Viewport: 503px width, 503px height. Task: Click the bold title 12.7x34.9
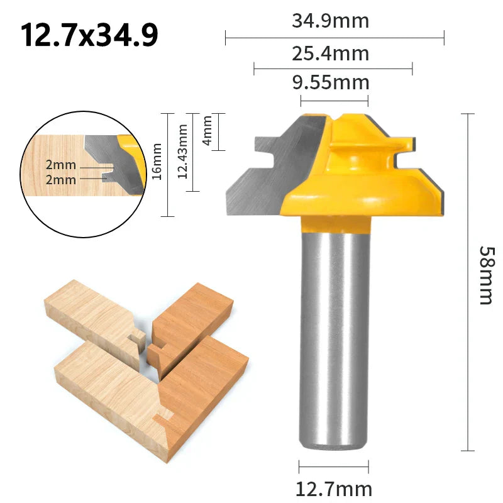click(89, 35)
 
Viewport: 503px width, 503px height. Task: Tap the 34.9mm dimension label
click(331, 21)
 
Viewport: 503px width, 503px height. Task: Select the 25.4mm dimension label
click(331, 53)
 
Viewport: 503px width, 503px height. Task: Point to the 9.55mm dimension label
click(331, 83)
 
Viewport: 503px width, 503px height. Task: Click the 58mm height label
click(487, 275)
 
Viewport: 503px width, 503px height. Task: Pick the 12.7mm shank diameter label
click(334, 490)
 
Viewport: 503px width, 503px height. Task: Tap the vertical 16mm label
click(157, 162)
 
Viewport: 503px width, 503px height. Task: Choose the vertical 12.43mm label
click(182, 152)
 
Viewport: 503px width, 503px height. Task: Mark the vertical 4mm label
click(207, 131)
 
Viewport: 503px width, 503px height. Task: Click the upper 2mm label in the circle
click(61, 165)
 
